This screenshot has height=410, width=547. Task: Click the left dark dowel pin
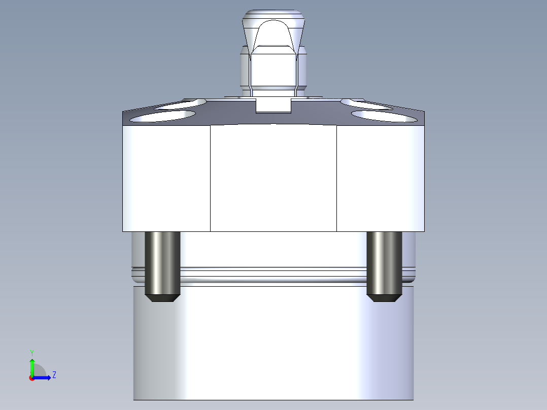[163, 261]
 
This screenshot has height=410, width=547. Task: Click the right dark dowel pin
[384, 261]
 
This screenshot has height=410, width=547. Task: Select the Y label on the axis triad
[32, 352]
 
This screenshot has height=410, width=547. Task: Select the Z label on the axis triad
[54, 375]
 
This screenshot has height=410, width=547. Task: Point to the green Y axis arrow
[32, 366]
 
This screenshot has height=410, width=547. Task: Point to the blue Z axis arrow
[43, 378]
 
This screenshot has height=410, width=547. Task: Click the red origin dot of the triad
[31, 378]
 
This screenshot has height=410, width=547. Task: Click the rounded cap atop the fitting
[274, 15]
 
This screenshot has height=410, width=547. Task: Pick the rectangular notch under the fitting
[273, 106]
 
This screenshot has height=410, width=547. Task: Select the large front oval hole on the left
[163, 116]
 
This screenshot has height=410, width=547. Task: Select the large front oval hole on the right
[384, 116]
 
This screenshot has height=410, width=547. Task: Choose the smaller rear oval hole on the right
[365, 104]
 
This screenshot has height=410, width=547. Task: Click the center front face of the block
[273, 178]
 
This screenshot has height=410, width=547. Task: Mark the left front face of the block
[166, 178]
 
